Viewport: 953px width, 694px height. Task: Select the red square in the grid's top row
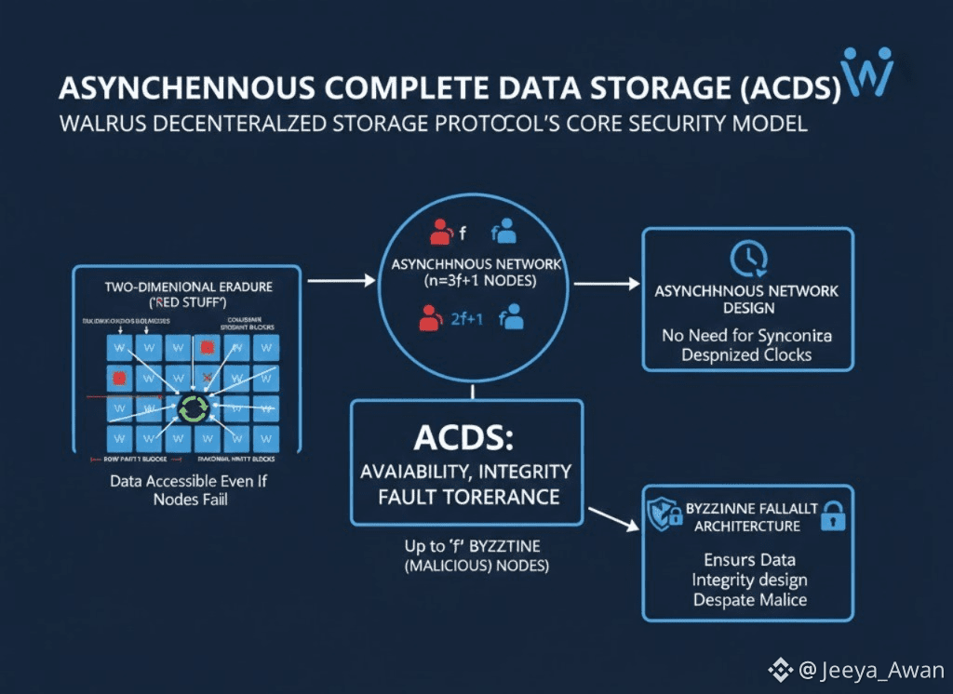point(207,347)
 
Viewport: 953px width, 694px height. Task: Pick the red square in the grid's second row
point(118,378)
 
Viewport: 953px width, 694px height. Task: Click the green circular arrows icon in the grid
point(195,407)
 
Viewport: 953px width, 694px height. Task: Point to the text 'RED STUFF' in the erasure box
point(186,302)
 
